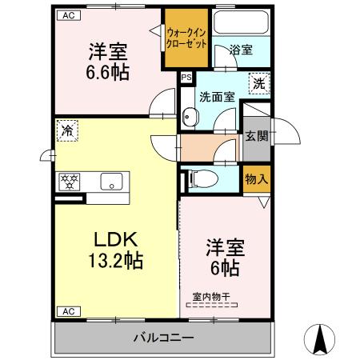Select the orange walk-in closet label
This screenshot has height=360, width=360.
point(186,38)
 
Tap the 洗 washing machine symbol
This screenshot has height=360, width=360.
point(260,82)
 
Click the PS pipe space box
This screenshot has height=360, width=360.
point(186,78)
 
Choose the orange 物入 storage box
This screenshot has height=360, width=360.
point(256,178)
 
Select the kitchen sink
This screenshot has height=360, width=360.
point(111,180)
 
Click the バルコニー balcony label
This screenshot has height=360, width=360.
point(163,338)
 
